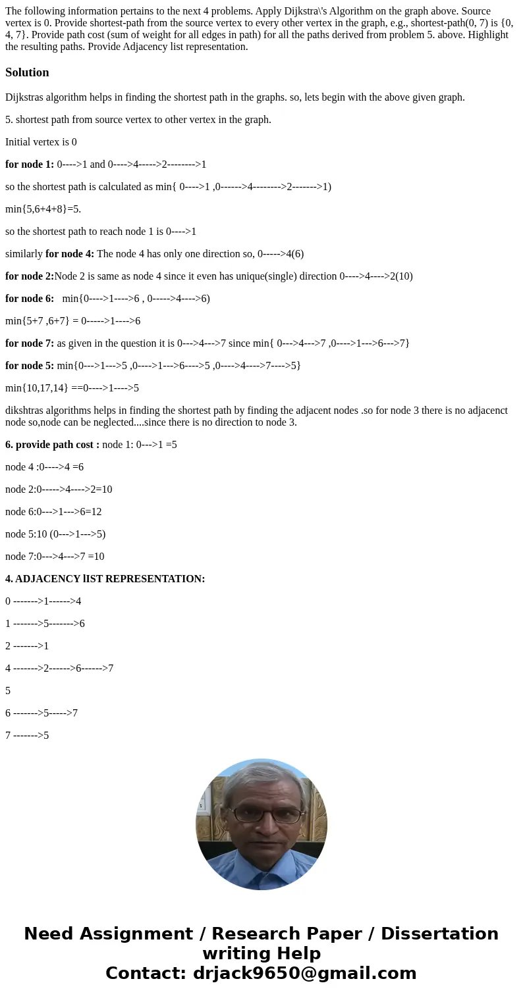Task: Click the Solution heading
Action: [27, 72]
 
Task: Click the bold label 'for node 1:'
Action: [30, 164]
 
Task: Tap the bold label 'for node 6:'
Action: [30, 299]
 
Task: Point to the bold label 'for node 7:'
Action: [30, 343]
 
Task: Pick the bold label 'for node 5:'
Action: [30, 366]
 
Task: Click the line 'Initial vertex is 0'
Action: [41, 142]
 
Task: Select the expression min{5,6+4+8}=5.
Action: [43, 209]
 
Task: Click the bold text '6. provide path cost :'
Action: [52, 445]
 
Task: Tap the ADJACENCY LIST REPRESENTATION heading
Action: [105, 579]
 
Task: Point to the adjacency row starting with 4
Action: [59, 668]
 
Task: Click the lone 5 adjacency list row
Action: [8, 691]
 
